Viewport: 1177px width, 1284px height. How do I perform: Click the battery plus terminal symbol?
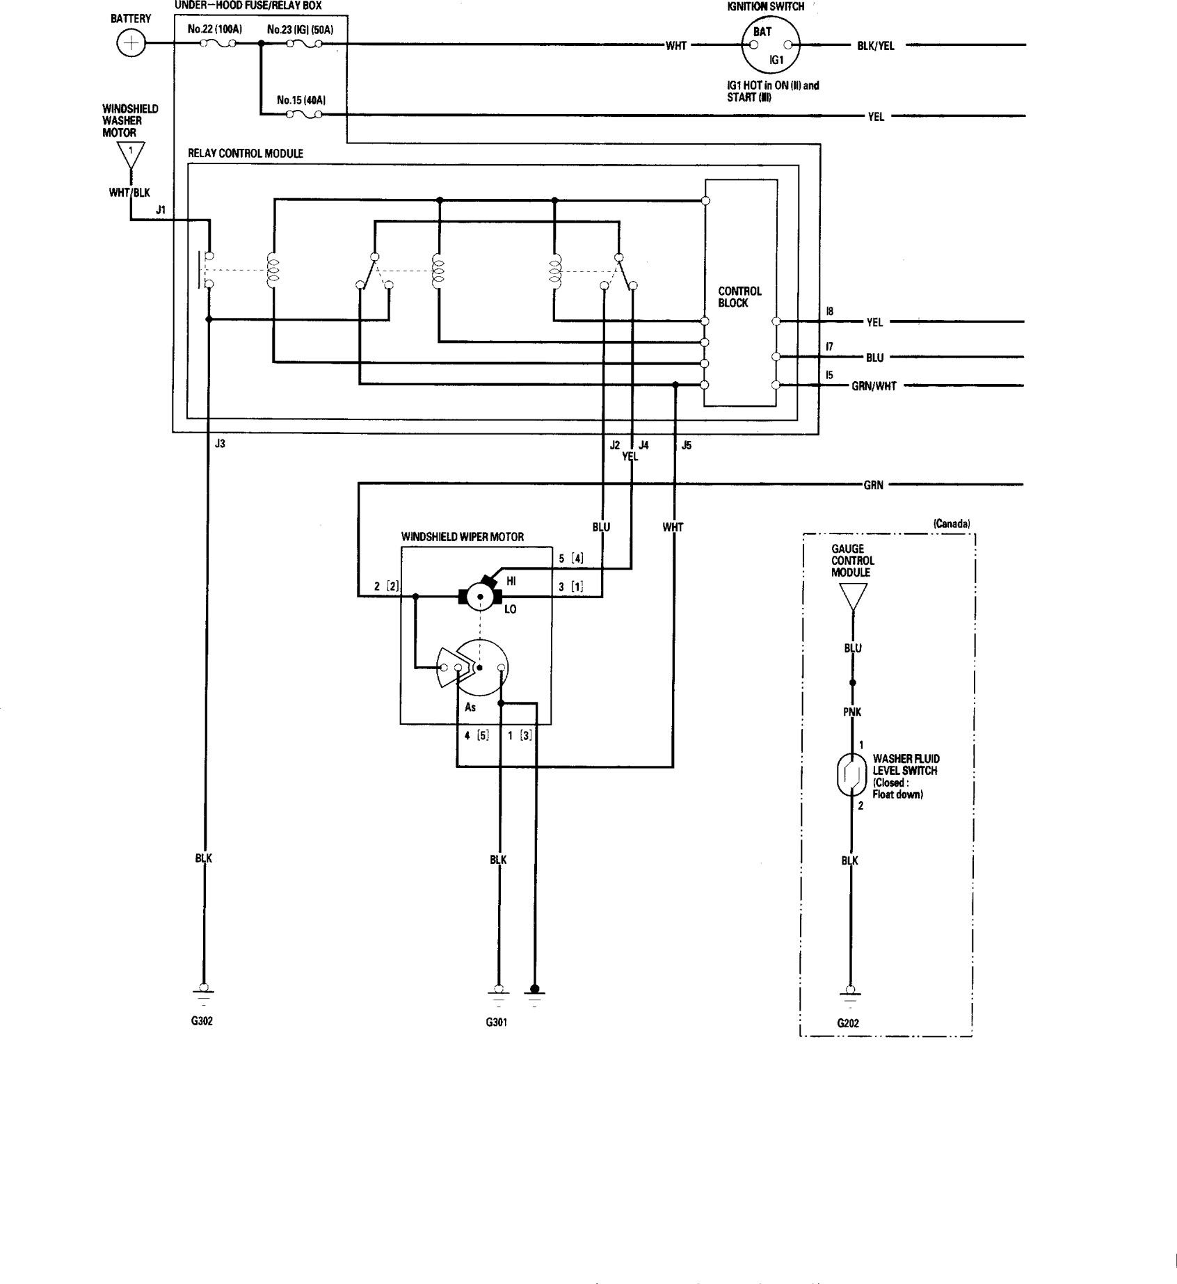click(x=129, y=45)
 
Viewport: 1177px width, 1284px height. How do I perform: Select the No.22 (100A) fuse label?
click(x=214, y=31)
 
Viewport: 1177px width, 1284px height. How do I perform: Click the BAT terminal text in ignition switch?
click(x=762, y=32)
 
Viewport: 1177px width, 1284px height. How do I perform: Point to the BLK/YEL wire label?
click(x=875, y=47)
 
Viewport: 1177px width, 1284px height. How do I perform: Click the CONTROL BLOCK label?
click(x=739, y=297)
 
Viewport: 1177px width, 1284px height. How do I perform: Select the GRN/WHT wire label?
click(x=873, y=386)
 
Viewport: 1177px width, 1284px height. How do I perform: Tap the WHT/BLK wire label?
click(x=129, y=193)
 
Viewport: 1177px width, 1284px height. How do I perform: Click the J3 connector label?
click(x=220, y=444)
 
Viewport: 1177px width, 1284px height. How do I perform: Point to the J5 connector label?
click(x=687, y=445)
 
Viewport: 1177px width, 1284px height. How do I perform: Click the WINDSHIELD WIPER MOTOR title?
click(x=462, y=537)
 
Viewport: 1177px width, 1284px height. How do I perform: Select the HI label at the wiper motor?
click(x=511, y=581)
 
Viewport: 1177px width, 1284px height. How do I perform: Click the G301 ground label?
click(x=496, y=1022)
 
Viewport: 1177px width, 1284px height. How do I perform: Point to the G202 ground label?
click(x=848, y=1023)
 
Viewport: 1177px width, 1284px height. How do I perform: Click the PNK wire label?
click(x=852, y=712)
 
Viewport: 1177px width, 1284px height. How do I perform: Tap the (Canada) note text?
click(x=951, y=524)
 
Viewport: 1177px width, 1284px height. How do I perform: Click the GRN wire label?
click(x=873, y=485)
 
